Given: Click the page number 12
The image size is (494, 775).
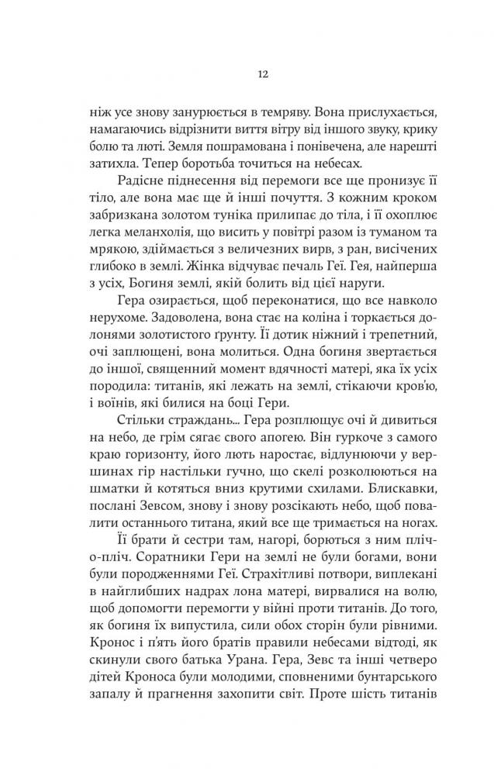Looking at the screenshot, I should pyautogui.click(x=247, y=74).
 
